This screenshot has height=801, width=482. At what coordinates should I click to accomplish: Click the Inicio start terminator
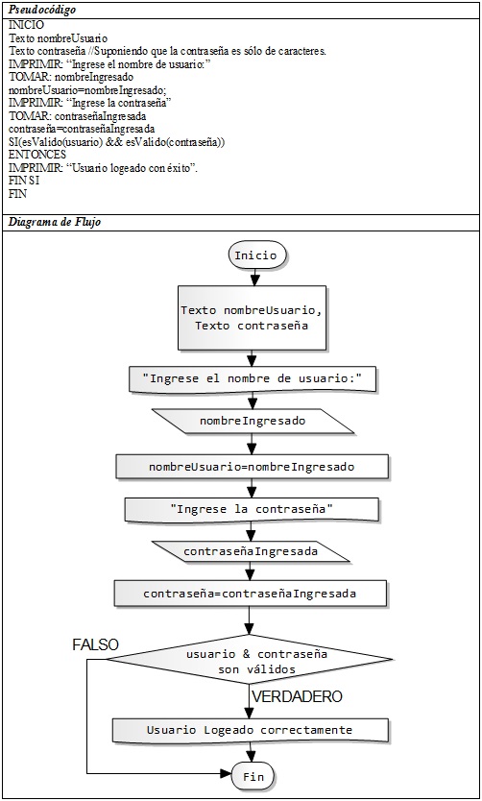pos(254,255)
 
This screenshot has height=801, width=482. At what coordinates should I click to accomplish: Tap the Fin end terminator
pos(253,777)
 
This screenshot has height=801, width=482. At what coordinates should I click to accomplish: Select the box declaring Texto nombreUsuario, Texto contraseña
pos(252,318)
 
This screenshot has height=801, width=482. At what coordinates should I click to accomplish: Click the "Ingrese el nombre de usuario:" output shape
pos(253,379)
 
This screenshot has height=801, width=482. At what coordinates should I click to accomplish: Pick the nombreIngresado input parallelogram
pos(253,421)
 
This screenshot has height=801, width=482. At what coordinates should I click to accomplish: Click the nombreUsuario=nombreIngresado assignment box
pos(252,467)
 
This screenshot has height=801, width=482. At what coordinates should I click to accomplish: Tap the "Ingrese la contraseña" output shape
pos(252,509)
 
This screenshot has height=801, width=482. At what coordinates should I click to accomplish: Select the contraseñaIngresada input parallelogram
pos(251,551)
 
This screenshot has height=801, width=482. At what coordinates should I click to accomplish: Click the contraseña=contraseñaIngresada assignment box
pos(250,594)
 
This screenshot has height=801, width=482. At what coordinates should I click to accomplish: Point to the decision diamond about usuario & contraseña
pos(250,662)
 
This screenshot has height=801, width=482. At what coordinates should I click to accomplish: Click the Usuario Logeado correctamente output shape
pos(251,730)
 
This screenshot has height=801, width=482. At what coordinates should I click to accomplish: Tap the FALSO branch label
pos(95,644)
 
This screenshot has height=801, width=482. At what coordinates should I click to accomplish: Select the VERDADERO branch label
pos(297,696)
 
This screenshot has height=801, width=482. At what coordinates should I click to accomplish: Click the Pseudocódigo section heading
pos(40,11)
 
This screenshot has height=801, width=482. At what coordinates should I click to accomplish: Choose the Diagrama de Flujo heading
pos(54,222)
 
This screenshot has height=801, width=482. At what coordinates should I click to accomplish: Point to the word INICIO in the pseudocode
pos(26,25)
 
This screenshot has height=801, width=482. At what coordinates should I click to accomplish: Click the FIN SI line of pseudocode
pos(24,181)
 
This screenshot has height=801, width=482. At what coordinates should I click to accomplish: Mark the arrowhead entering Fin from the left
pos(228,774)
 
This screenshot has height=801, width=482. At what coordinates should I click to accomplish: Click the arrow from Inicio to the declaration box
pos(254,278)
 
